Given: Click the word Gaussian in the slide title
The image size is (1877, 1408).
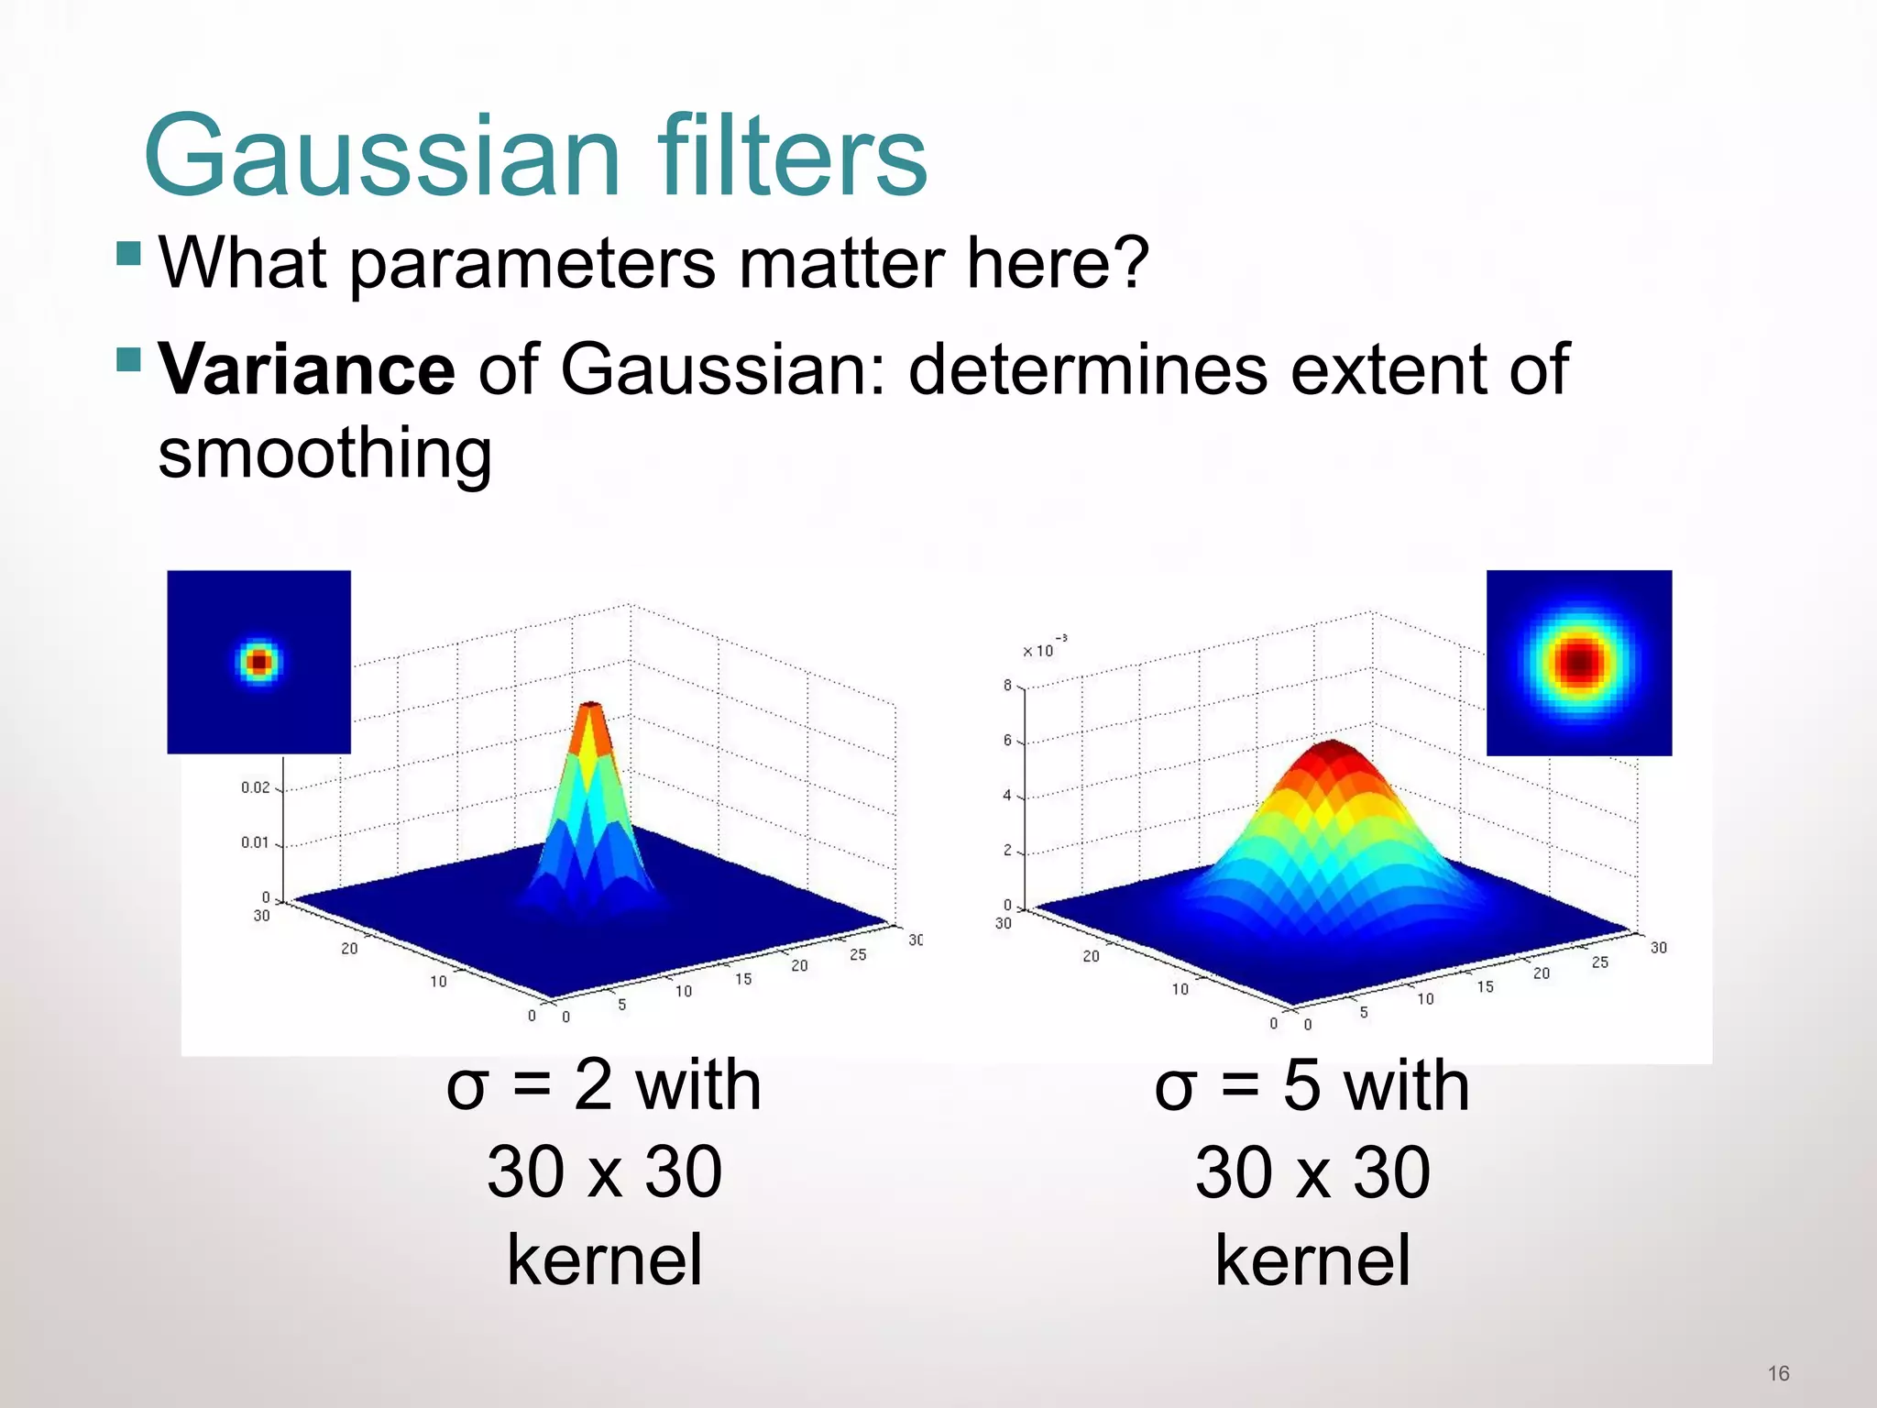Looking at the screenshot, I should click(x=382, y=156).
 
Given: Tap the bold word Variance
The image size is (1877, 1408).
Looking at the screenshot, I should click(x=306, y=369).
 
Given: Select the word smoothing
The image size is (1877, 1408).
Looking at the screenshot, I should click(x=324, y=453).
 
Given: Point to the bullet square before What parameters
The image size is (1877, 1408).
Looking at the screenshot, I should click(x=129, y=253).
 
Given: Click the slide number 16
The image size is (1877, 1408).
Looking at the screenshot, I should click(x=1778, y=1373).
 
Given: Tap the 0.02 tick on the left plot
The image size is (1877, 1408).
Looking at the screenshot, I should click(x=256, y=787).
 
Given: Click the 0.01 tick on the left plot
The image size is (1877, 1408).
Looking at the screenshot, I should click(x=256, y=842).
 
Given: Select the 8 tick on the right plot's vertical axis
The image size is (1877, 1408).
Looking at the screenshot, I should click(x=1007, y=686).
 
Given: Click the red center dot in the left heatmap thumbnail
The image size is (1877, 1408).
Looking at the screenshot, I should click(x=259, y=661).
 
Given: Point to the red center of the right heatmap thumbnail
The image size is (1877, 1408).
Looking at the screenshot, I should click(x=1579, y=661).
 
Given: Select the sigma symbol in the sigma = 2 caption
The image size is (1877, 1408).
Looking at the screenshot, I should click(x=466, y=1088).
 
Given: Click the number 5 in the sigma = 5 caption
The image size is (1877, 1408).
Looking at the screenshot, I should click(x=1301, y=1086).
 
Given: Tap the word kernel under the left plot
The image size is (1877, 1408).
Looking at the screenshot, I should click(x=604, y=1260).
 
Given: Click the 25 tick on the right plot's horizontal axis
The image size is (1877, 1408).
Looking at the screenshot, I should click(x=1599, y=962).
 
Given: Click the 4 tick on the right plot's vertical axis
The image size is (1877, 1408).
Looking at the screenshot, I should click(x=1007, y=796).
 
